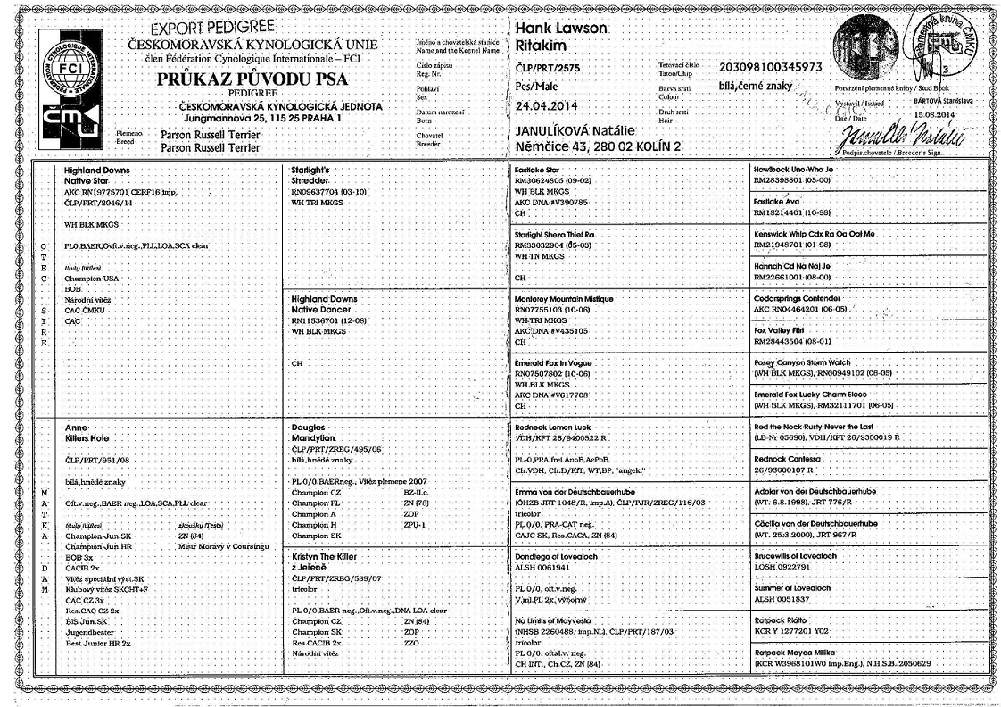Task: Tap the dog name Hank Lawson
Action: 562,29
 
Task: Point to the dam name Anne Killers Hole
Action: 86,433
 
